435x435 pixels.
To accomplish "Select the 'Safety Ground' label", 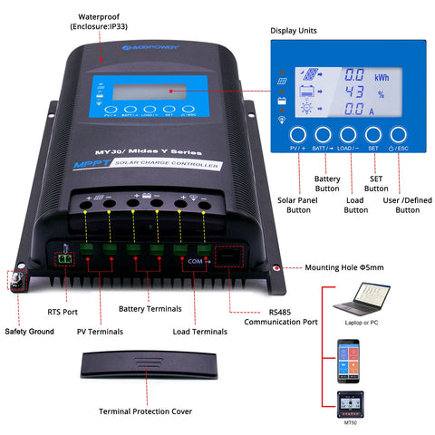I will (x=28, y=332).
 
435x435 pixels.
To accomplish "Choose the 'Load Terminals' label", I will (x=201, y=332).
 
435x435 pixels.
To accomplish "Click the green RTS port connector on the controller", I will (x=63, y=258).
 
